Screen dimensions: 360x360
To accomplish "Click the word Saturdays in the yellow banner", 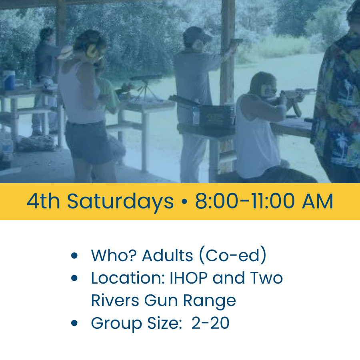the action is tap(120, 202).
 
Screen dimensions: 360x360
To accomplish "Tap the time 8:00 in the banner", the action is tap(216, 201).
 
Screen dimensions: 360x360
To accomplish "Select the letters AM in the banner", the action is tap(318, 201).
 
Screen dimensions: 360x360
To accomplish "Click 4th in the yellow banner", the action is tap(43, 201).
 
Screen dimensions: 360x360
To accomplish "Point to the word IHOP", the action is tap(188, 278).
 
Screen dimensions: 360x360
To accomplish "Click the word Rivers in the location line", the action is tap(115, 300).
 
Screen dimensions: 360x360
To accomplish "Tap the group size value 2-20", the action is tap(210, 323).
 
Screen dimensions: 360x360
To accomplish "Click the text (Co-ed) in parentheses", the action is tap(232, 255).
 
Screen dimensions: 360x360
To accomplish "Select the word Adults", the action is tap(167, 255).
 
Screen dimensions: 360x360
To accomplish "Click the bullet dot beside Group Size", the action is tap(74, 323).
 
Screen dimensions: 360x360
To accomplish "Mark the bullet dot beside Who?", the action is tap(74, 255).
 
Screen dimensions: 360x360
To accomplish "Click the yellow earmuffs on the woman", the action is tap(91, 51).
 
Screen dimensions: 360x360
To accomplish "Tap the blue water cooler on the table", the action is tap(9, 80).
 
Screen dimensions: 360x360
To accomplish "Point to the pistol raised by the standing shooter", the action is tap(236, 42).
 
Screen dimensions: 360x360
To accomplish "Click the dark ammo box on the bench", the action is tap(217, 116).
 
